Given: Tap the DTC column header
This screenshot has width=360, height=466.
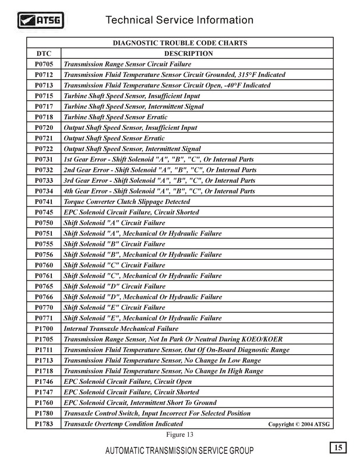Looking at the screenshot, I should [x=44, y=54].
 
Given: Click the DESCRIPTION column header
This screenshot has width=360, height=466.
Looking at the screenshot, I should [x=197, y=54].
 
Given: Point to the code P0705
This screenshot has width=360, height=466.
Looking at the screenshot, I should [x=44, y=64].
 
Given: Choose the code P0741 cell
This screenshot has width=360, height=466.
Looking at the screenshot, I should [x=44, y=202].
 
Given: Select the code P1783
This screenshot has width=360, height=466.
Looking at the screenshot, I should [x=44, y=424].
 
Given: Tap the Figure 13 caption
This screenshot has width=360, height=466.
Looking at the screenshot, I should [x=180, y=435].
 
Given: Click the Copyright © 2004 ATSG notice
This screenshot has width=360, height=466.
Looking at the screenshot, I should [x=299, y=425].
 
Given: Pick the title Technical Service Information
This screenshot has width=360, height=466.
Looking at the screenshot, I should [x=179, y=20].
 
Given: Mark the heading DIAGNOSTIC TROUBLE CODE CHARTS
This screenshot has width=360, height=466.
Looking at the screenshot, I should [x=179, y=43].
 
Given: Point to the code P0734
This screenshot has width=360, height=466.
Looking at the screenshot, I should [x=44, y=191].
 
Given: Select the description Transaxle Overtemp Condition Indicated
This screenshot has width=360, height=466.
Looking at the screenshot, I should [x=123, y=424].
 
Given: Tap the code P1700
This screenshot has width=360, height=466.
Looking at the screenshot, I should [x=44, y=329].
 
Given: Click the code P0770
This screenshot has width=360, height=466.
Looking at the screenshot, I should [x=44, y=308].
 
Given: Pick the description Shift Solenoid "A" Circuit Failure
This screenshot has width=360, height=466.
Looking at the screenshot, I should [x=114, y=223].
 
